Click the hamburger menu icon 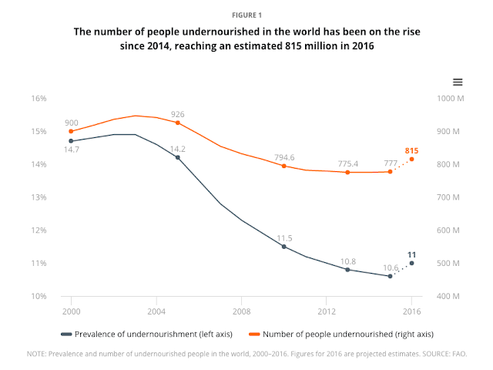point(457,82)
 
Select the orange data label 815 point(412,150)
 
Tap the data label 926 point(178,114)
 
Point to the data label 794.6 point(284,157)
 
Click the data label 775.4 point(347,163)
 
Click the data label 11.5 point(284,238)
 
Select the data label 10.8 point(347,261)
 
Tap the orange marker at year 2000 point(71,131)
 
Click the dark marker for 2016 point(411,263)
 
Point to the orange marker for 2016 point(411,159)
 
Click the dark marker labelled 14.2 point(178,157)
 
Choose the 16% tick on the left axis point(39,99)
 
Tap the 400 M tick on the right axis point(448,297)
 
